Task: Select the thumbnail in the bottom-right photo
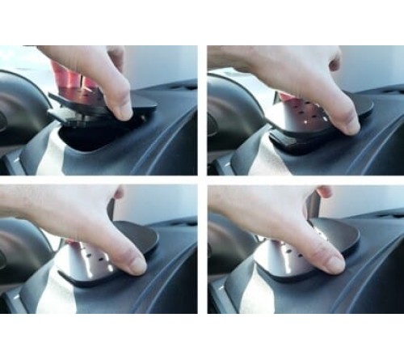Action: point(332,263)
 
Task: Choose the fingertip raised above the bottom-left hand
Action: point(119,192)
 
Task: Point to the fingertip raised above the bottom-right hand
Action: point(324,191)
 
